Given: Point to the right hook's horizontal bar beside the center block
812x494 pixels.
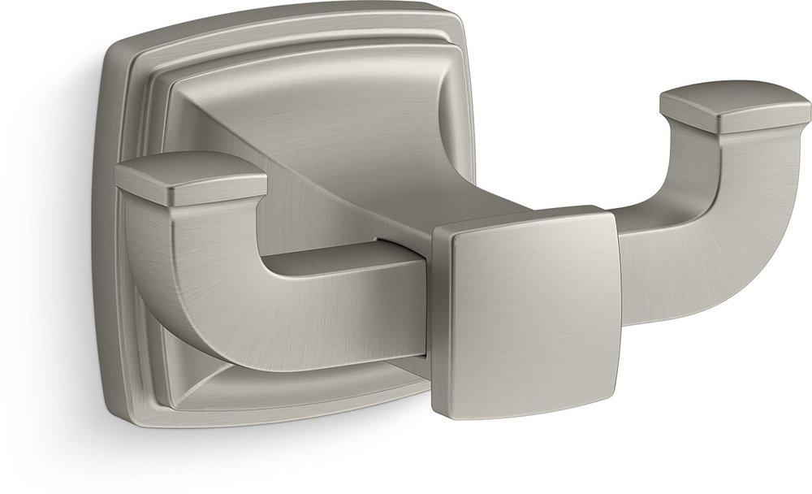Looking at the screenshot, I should pyautogui.click(x=650, y=244).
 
